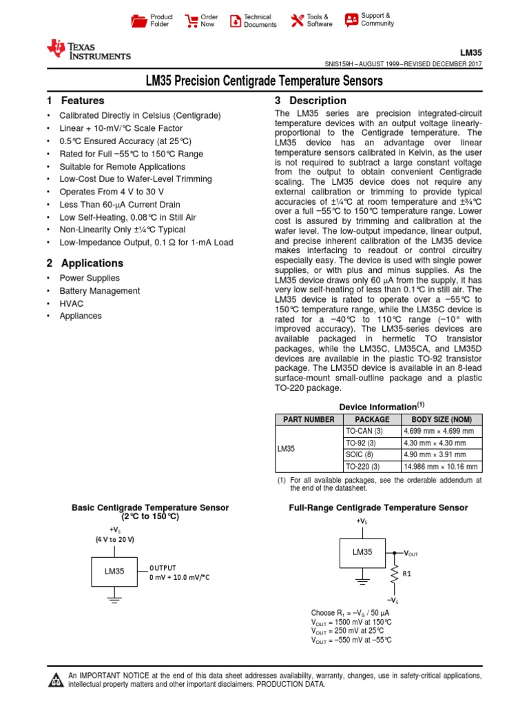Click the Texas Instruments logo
coord(87,50)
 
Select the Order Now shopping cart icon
coord(191,21)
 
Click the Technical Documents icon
coord(236,21)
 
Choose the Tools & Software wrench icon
coord(297,21)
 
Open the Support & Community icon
coord(351,19)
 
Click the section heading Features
coord(83,101)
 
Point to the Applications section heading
coord(92,263)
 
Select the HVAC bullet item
coord(72,303)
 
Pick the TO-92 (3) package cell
coord(360,443)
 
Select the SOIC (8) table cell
coord(360,455)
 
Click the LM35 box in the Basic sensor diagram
coord(114,572)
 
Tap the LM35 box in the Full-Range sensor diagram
coord(362,552)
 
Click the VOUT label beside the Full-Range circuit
coord(411,554)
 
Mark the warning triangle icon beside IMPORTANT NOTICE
coord(54,680)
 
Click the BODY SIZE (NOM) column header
coord(441,419)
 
